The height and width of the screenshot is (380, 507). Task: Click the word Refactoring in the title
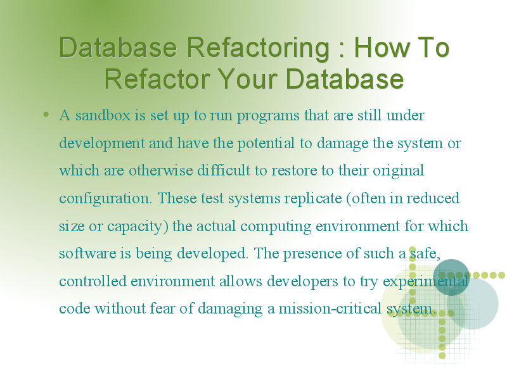[x=258, y=49]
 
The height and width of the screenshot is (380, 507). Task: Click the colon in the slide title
[x=342, y=51]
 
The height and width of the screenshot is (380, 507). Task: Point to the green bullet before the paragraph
[x=46, y=114]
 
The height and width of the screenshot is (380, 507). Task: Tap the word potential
[x=266, y=144]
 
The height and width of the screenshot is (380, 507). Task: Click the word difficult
[x=224, y=170]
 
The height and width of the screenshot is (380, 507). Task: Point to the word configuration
[x=105, y=199]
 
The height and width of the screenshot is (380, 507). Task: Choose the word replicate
[x=313, y=199]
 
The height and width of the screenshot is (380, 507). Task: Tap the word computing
[x=276, y=227]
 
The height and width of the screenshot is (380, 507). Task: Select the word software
[x=87, y=253]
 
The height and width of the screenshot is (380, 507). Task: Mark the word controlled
[x=93, y=281]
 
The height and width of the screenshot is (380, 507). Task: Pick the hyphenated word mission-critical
[x=330, y=308]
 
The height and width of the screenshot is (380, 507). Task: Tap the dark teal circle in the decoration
[x=451, y=277]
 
